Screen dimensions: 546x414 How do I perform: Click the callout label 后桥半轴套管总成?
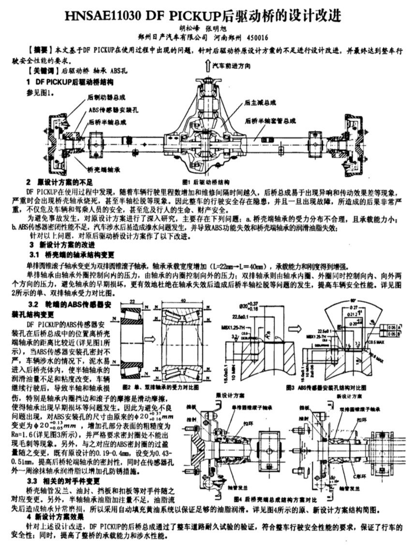pos(270,122)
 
